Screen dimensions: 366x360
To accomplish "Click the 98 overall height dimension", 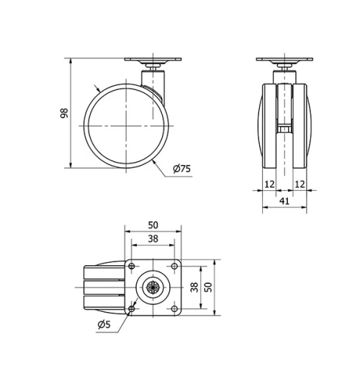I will pos(64,113).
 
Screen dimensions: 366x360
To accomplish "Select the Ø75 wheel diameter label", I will pos(181,169).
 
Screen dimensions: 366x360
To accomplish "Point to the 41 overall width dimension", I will pos(284,202).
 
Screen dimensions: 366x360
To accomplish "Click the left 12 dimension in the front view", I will pos(269,184).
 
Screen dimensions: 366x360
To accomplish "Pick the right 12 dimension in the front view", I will pos(300,184).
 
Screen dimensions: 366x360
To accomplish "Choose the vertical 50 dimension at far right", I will pos(210,287).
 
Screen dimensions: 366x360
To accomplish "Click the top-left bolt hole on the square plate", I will pos(132,267).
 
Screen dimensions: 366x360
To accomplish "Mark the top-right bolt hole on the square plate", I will pos(174,267).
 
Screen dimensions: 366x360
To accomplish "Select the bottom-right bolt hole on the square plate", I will pos(174,309).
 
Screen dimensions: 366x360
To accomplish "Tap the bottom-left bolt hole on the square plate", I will pos(132,309).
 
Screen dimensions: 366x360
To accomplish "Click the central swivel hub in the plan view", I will pos(153,287).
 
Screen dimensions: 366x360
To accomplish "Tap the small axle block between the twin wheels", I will pos(284,130).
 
